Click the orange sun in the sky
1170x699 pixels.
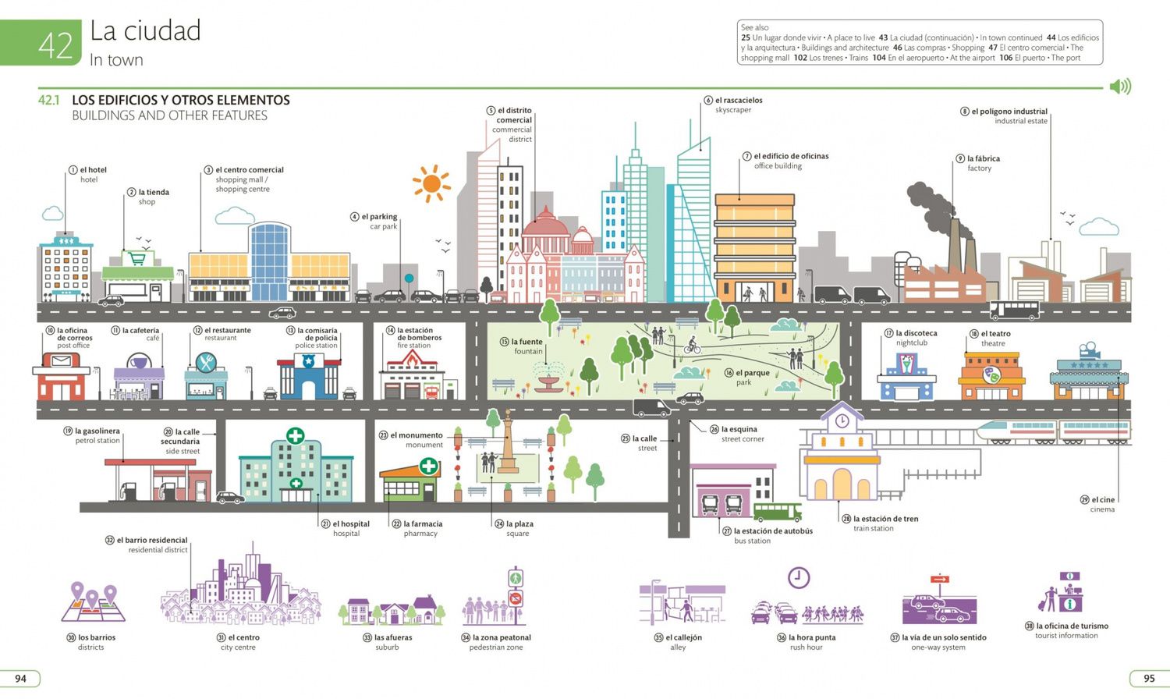[431, 183]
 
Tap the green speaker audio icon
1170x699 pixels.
[1120, 86]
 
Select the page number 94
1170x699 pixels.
[20, 678]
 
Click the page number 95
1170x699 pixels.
[1149, 678]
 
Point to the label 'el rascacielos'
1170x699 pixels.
[739, 100]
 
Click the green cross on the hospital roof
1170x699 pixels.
[295, 435]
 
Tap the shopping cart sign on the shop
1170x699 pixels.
[137, 258]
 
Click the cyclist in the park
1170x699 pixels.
[693, 346]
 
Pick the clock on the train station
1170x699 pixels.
[842, 420]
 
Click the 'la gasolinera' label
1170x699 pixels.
[97, 431]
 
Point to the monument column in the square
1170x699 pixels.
[508, 442]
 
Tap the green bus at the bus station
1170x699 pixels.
[777, 512]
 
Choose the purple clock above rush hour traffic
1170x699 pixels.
[799, 577]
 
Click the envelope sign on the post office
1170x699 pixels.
[61, 360]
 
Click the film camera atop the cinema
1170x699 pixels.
[1089, 349]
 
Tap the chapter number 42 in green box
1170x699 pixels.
[55, 45]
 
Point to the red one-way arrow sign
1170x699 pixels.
[940, 579]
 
